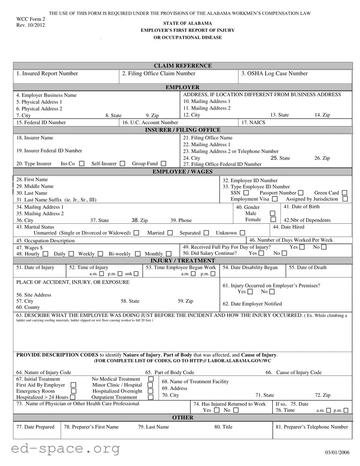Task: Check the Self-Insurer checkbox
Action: [x=123, y=164]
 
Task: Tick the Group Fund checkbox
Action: [x=163, y=164]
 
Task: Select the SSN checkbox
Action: [x=246, y=193]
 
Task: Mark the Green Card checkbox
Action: [x=344, y=193]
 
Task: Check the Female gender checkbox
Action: [x=273, y=220]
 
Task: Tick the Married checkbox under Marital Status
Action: [x=170, y=233]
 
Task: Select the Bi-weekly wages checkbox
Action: [x=138, y=254]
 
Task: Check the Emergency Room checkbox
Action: [x=73, y=391]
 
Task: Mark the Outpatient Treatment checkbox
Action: [x=151, y=397]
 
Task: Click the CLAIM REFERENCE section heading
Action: [x=182, y=66]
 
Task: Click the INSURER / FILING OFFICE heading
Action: [x=182, y=130]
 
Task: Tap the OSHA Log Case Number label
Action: [x=274, y=73]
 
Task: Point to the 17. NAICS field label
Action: [x=253, y=122]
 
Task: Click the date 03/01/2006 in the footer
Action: [x=337, y=452]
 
